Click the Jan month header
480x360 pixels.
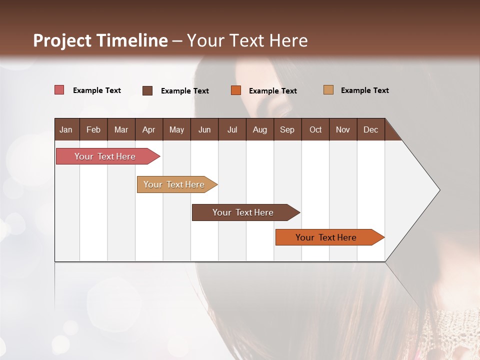coord(66,129)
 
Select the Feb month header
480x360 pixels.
coord(93,129)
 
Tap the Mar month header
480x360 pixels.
coord(121,129)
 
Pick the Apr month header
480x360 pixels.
coord(149,129)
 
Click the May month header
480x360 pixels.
coord(176,129)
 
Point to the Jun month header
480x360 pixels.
coord(204,129)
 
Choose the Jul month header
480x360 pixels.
coord(232,129)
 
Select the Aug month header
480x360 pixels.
coord(260,129)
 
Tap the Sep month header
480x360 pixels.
coord(287,129)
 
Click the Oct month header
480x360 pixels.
coord(315,129)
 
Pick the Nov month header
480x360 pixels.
coord(343,129)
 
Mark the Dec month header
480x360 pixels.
coord(371,129)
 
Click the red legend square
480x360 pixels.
coord(59,90)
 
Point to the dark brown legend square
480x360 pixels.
coord(147,90)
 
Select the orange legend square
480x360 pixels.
coord(236,90)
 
